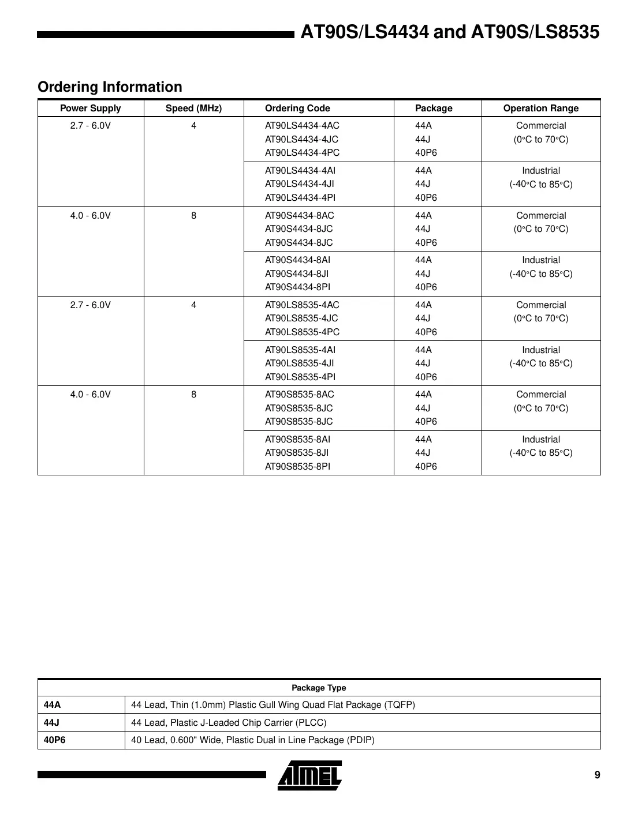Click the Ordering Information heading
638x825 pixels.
(x=110, y=87)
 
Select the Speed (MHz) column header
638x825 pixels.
(x=193, y=108)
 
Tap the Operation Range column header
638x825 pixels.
(x=540, y=108)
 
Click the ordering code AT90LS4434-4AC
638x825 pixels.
(x=302, y=126)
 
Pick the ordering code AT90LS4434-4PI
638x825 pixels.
(x=300, y=198)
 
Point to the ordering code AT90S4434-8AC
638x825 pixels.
(x=299, y=216)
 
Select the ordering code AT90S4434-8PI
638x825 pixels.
(x=297, y=287)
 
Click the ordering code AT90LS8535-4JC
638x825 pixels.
(x=301, y=318)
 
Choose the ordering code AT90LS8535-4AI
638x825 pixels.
(x=300, y=350)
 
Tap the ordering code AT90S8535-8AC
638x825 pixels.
(x=299, y=395)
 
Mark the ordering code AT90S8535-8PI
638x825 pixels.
(x=297, y=467)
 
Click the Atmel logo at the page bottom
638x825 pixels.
(x=309, y=775)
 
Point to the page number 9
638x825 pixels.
(x=597, y=775)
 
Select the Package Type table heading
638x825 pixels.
(x=319, y=688)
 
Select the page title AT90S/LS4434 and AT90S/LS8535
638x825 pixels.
(x=450, y=32)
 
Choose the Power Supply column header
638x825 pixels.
(x=91, y=108)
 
